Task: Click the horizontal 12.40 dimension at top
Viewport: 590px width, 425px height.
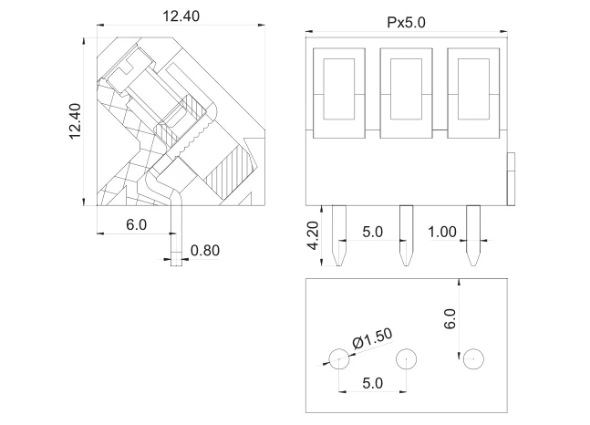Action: click(181, 16)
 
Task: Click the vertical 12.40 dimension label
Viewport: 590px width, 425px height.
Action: click(75, 121)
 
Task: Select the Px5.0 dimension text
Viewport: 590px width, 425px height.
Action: click(406, 23)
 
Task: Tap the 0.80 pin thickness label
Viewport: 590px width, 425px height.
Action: click(204, 250)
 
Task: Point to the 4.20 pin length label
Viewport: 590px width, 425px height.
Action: click(313, 235)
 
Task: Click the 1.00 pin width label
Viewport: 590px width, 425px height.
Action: click(442, 232)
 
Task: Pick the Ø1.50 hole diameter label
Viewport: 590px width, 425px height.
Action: click(372, 337)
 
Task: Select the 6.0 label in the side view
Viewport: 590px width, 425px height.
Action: click(136, 224)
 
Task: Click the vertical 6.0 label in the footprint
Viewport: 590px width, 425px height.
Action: click(450, 319)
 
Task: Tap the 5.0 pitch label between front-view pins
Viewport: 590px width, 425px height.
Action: click(373, 232)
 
